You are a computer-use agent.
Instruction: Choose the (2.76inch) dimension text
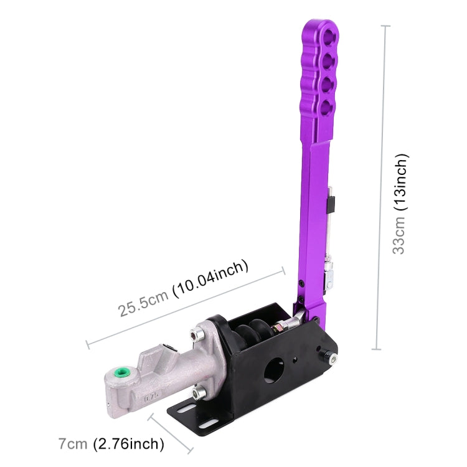pyautogui.click(x=129, y=444)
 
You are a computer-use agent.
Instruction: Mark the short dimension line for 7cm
pyautogui.click(x=169, y=433)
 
